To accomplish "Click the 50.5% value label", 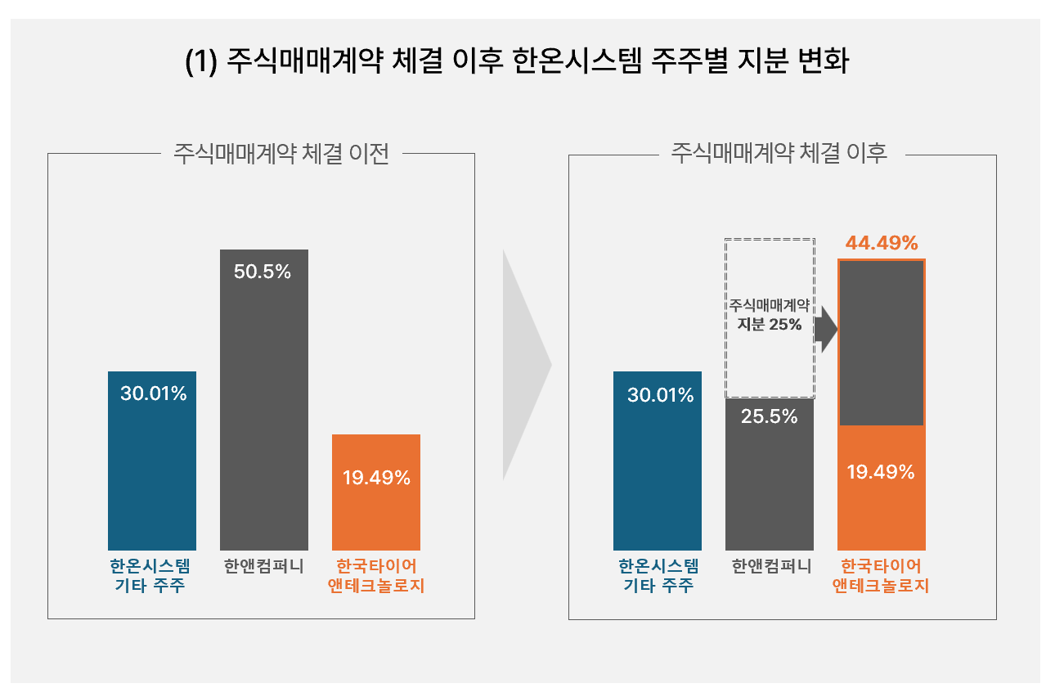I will pos(263,272).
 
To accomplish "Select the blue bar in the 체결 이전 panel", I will pos(152,474).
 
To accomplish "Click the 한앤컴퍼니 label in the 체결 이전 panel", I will pos(263,566).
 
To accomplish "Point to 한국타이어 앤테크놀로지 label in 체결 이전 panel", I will pos(376,576).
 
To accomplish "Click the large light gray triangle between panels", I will pos(523,365).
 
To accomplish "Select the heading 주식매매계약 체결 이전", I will pos(281,154).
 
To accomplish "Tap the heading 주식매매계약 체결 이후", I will pos(779,154).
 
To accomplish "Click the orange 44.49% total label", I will pos(882,243).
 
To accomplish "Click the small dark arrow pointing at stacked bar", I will pos(827,330).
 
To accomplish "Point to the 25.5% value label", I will pos(770,416).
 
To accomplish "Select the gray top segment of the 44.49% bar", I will pos(882,342).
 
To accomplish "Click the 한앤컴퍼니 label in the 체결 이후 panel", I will pos(770,566).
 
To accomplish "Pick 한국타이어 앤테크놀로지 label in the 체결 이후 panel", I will pos(882,576).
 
